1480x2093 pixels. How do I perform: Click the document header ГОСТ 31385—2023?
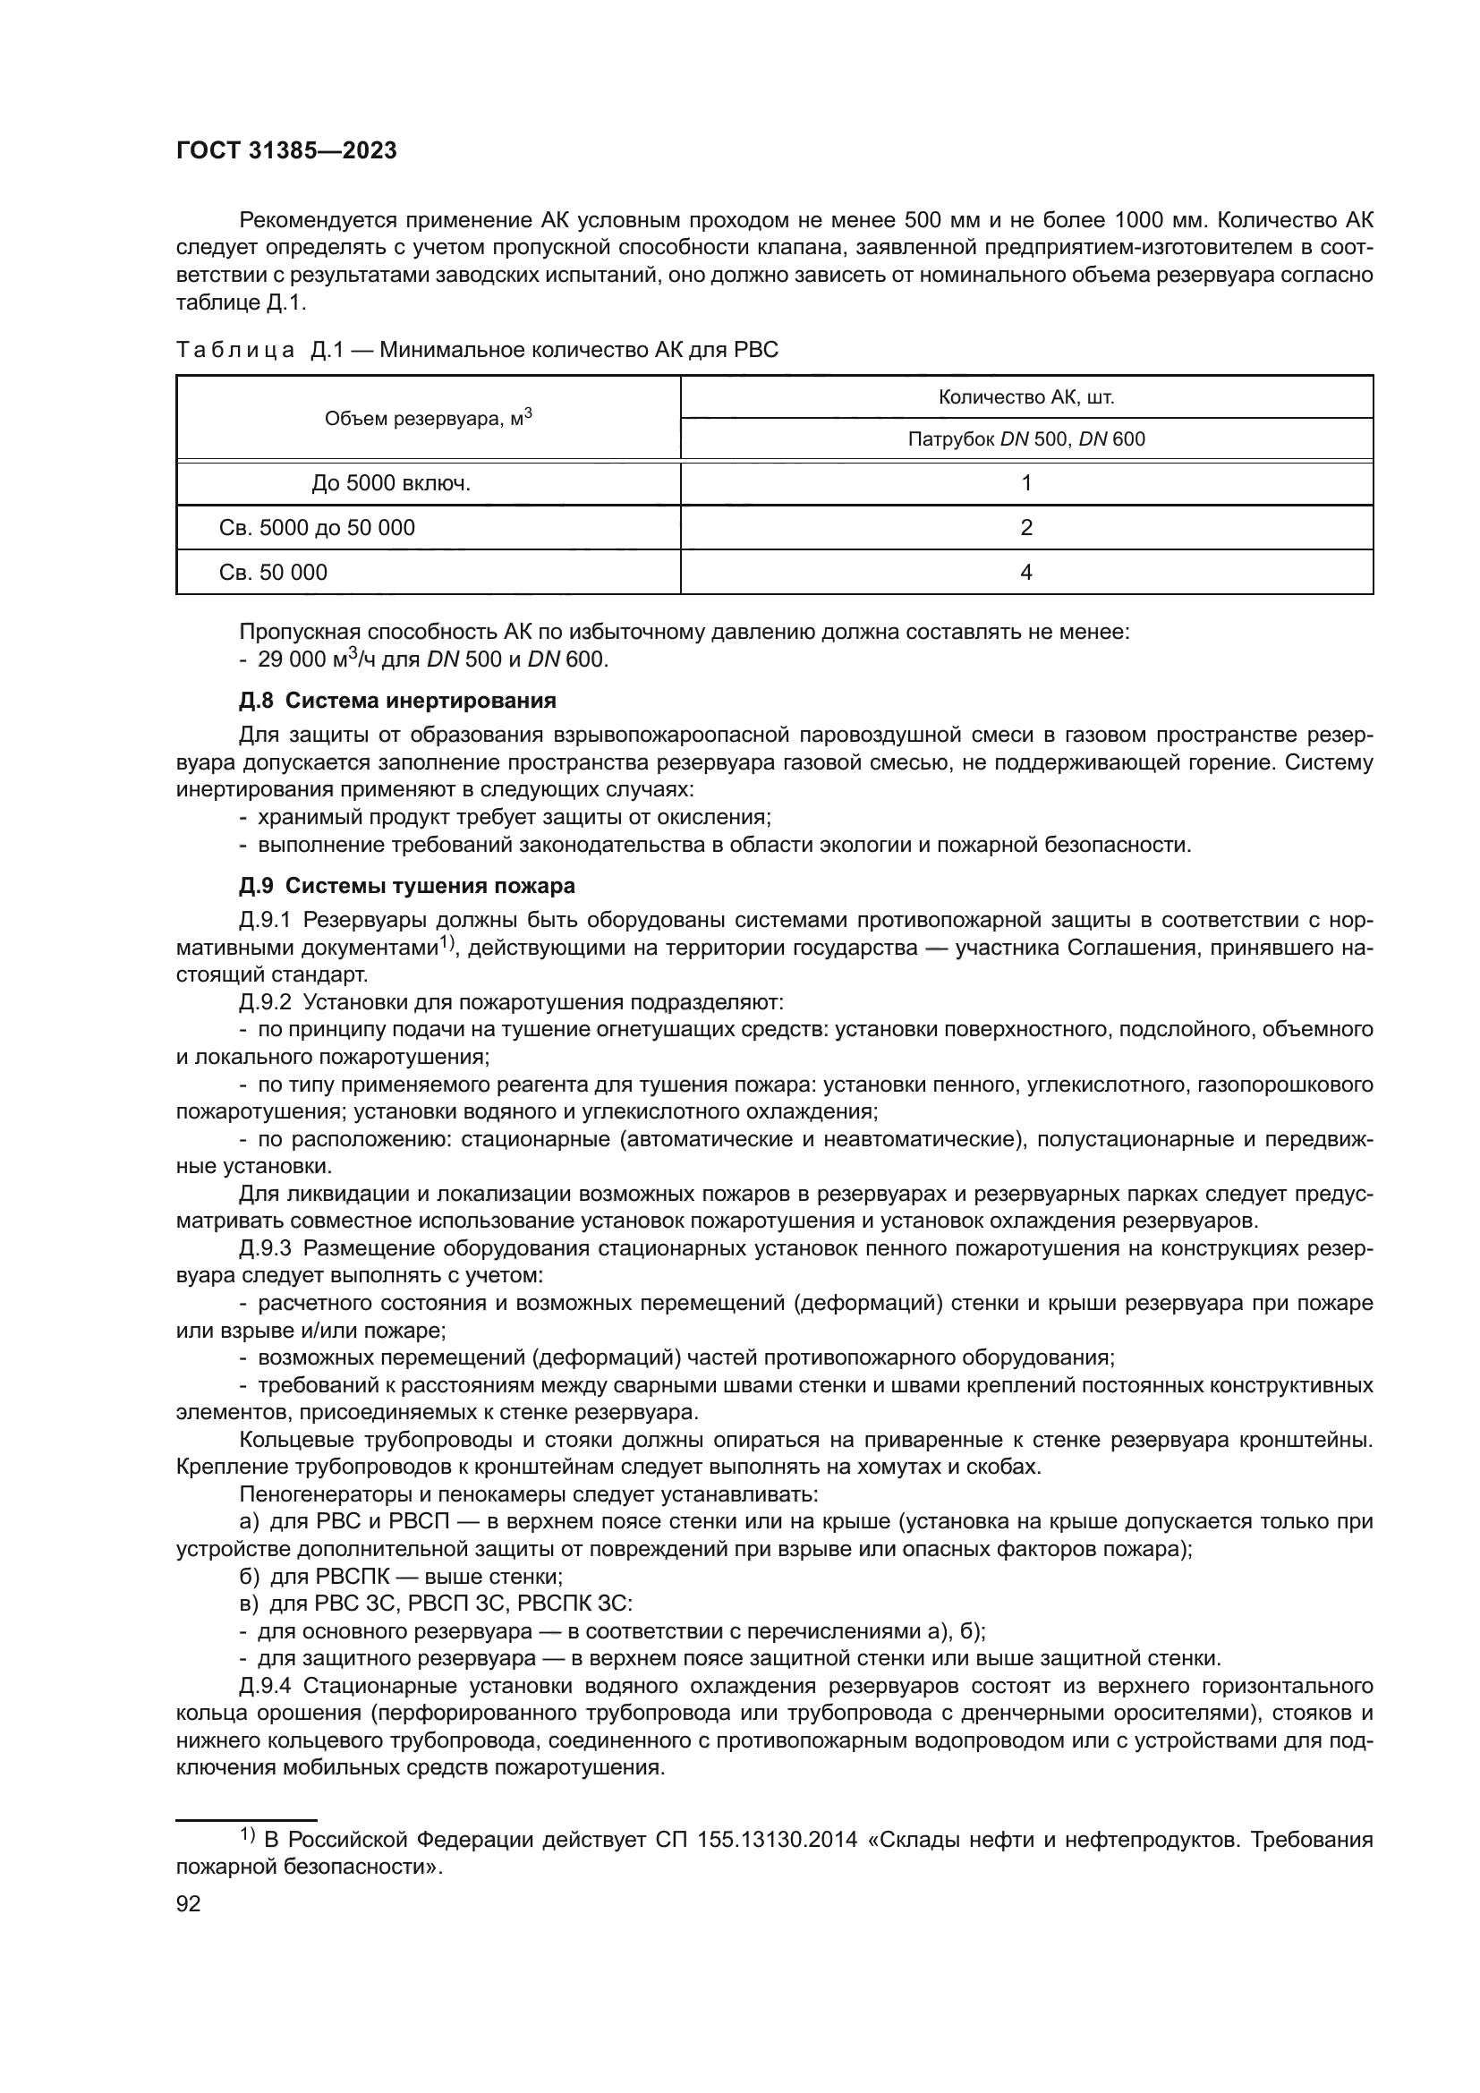(x=286, y=151)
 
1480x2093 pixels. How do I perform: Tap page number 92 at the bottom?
(x=188, y=1903)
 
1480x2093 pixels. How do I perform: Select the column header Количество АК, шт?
(x=1026, y=397)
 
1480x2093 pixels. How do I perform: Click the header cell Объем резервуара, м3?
(x=429, y=419)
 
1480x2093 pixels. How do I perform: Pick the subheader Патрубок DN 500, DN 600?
(x=1026, y=439)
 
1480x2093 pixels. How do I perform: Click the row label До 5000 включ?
(x=391, y=483)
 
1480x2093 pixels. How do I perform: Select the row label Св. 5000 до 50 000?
(x=316, y=528)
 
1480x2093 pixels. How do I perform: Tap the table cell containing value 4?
(x=1026, y=573)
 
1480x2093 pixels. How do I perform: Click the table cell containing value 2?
(x=1026, y=528)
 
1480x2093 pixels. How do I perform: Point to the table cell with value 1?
(x=1026, y=483)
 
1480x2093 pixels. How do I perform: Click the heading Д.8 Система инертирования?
(x=397, y=701)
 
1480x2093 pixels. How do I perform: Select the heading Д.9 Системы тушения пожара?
(x=406, y=886)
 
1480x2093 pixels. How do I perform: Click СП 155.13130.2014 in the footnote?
(x=756, y=1841)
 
